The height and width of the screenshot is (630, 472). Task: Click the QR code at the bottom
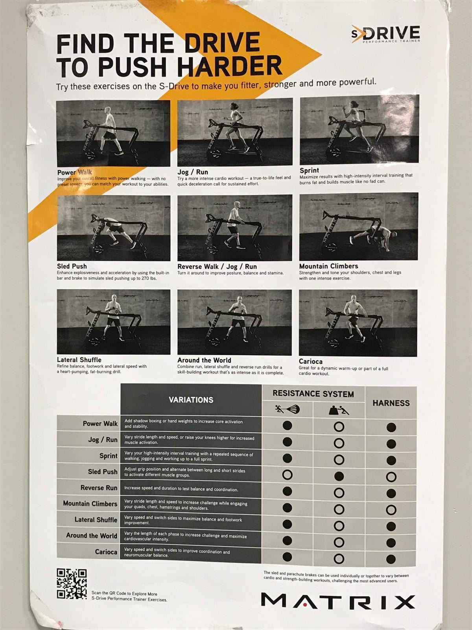pyautogui.click(x=72, y=584)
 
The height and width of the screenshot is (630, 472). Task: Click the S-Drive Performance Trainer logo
pyautogui.click(x=385, y=34)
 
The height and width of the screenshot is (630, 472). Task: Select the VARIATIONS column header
pyautogui.click(x=191, y=400)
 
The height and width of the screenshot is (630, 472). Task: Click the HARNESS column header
pyautogui.click(x=391, y=403)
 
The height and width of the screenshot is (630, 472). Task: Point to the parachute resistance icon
pyautogui.click(x=287, y=409)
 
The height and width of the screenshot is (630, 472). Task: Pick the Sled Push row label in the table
pyautogui.click(x=103, y=472)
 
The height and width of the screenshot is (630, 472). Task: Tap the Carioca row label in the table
pyautogui.click(x=106, y=552)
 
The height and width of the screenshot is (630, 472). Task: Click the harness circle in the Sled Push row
pyautogui.click(x=391, y=477)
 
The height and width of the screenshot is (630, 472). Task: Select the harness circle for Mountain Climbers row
pyautogui.click(x=391, y=510)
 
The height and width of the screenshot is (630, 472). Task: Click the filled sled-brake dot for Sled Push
pyautogui.click(x=339, y=476)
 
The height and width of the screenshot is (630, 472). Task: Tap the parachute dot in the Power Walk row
pyautogui.click(x=287, y=425)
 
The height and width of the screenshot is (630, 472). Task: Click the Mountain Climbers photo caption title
pyautogui.click(x=328, y=266)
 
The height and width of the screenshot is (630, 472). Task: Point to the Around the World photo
pyautogui.click(x=234, y=322)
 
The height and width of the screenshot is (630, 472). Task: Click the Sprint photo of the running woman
pyautogui.click(x=360, y=130)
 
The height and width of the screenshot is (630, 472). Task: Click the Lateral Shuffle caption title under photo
pyautogui.click(x=79, y=360)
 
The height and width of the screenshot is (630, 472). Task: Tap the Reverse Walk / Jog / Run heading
pyautogui.click(x=217, y=267)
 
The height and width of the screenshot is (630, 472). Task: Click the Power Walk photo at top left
pyautogui.click(x=113, y=133)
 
